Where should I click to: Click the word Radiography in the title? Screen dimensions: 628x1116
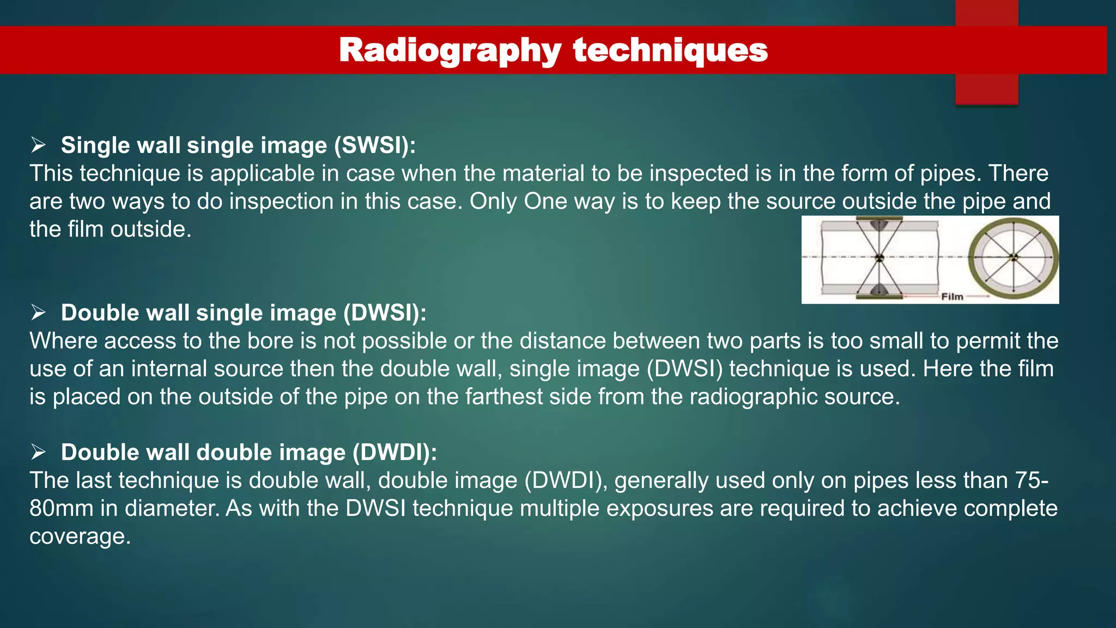coord(450,50)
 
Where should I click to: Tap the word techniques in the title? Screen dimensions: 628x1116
coord(670,50)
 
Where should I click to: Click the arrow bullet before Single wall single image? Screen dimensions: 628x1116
coord(38,145)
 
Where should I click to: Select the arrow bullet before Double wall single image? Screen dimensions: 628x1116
coord(38,312)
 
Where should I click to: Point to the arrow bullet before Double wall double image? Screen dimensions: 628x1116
coord(38,452)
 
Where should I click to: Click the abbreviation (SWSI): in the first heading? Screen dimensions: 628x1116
coord(375,146)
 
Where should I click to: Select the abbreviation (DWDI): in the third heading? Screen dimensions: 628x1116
coord(395,452)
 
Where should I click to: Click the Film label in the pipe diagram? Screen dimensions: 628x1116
coord(952,297)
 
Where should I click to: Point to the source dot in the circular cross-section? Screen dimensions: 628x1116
coord(1013,257)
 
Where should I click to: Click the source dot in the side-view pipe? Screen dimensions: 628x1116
coord(879,257)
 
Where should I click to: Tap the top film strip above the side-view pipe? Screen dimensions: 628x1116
coord(879,218)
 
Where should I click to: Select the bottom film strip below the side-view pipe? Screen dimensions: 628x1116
coord(879,298)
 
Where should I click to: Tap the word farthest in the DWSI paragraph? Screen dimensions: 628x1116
coord(504,396)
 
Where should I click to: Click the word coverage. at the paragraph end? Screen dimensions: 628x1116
coord(80,536)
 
